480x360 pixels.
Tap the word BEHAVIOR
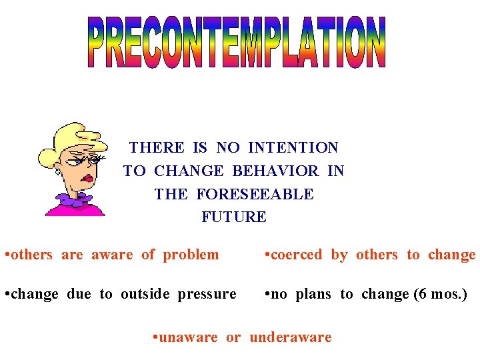275,171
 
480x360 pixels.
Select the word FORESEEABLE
255,194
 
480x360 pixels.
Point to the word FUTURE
234,217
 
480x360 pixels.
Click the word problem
191,255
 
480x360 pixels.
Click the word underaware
290,337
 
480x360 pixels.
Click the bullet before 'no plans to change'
267,294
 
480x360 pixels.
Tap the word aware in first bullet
112,255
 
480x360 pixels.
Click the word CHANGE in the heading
189,171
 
